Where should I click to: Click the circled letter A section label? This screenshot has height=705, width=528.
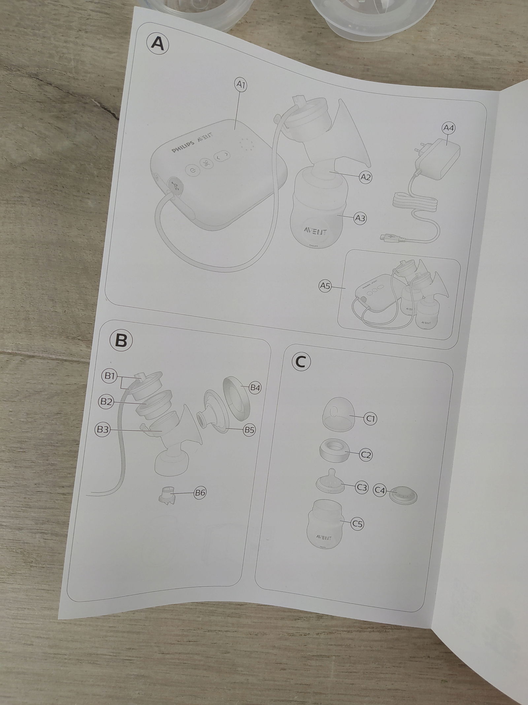[157, 44]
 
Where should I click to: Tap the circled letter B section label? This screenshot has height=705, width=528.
[121, 340]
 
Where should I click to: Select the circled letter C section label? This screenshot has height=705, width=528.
[301, 362]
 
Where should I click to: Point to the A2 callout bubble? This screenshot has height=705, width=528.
[365, 177]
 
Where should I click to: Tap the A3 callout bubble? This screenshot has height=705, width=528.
[360, 218]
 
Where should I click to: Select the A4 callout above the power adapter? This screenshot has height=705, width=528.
[448, 128]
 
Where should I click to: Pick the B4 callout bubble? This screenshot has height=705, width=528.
[254, 387]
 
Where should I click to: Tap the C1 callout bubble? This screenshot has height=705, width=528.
[370, 419]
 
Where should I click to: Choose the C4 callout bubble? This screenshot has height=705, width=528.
[380, 491]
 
